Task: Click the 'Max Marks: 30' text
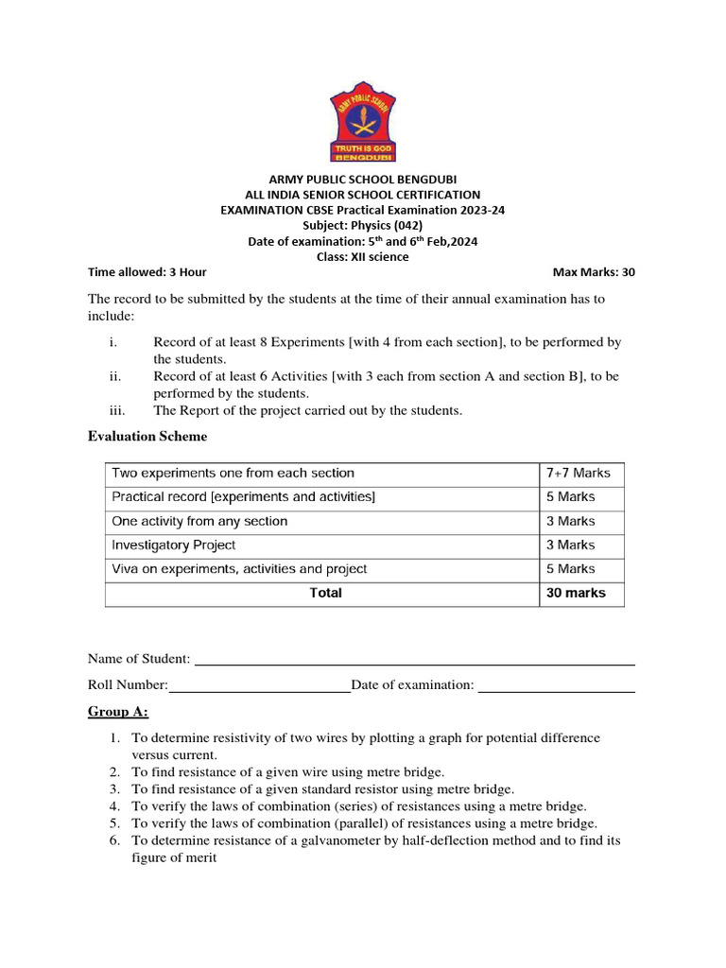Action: click(594, 272)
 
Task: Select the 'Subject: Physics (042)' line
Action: click(362, 225)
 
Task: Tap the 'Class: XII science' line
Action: click(362, 257)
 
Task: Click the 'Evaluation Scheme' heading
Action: click(147, 436)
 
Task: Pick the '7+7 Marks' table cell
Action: click(579, 473)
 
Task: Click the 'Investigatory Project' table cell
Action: click(174, 544)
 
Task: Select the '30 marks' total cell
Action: click(576, 593)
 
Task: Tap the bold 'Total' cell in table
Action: click(325, 593)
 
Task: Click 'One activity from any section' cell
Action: click(199, 521)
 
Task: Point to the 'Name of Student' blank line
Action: click(414, 660)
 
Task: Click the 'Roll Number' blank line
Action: click(259, 687)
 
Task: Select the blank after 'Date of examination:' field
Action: click(556, 687)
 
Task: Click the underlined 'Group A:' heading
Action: click(118, 711)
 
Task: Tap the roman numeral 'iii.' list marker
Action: click(118, 409)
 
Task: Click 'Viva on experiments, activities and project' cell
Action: click(239, 569)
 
